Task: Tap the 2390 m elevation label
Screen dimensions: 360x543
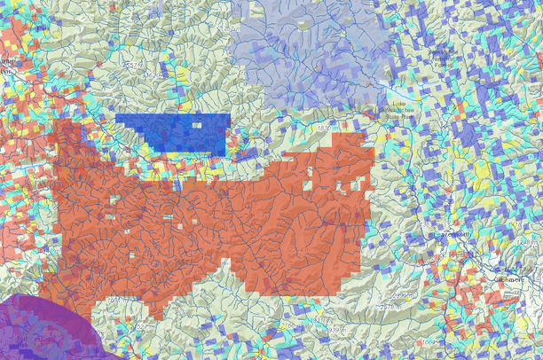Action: tap(404, 294)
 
